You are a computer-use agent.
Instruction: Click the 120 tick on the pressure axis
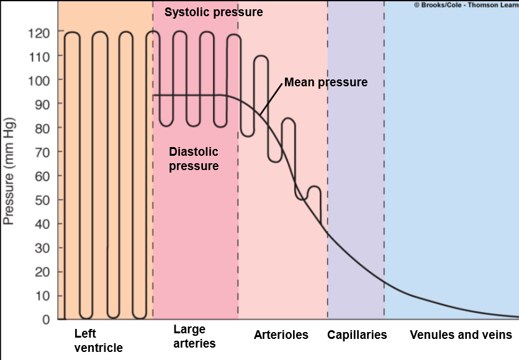pos(40,32)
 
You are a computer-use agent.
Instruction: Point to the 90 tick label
pos(42,104)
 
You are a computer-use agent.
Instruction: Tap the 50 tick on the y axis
pos(42,200)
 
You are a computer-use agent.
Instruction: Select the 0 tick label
pos(45,320)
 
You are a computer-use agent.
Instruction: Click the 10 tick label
pos(42,296)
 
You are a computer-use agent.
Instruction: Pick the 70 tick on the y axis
pos(42,151)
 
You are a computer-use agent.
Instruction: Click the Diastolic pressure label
pos(194,159)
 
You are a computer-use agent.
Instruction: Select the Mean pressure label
pos(326,82)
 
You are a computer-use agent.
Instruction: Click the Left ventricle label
pos(98,341)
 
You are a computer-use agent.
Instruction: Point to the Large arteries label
pos(194,336)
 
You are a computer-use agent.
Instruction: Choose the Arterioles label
pos(281,335)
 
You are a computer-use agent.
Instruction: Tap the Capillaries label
pos(357,335)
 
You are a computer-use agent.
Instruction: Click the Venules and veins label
pos(461,335)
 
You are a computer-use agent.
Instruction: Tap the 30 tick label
pos(42,248)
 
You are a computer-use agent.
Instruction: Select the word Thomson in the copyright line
pos(486,4)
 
